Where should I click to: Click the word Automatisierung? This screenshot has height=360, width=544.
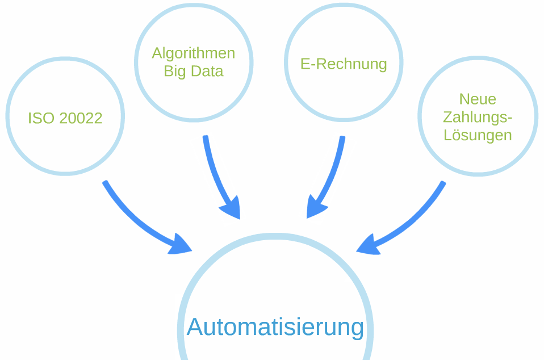pos(275,327)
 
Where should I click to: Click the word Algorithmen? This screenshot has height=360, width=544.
pos(193,53)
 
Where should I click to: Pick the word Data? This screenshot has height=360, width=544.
pos(207,72)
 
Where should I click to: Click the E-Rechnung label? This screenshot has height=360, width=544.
pos(344,64)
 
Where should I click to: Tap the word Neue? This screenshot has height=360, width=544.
pos(478,99)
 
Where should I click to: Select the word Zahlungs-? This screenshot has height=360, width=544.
pos(478,118)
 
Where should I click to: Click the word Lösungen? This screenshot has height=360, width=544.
pos(478,136)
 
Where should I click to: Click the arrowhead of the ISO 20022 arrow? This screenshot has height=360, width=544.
pos(180,245)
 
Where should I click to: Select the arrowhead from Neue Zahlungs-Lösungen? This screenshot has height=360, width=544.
pos(368,245)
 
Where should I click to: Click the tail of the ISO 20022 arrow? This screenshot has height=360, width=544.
pos(106,184)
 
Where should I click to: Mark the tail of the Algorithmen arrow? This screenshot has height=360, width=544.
pos(206,138)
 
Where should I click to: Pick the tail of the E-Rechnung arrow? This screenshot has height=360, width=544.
pos(342,139)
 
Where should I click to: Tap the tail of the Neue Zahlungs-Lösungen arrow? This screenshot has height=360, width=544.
pos(442,184)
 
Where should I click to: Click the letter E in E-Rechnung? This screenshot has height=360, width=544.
pos(305,64)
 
